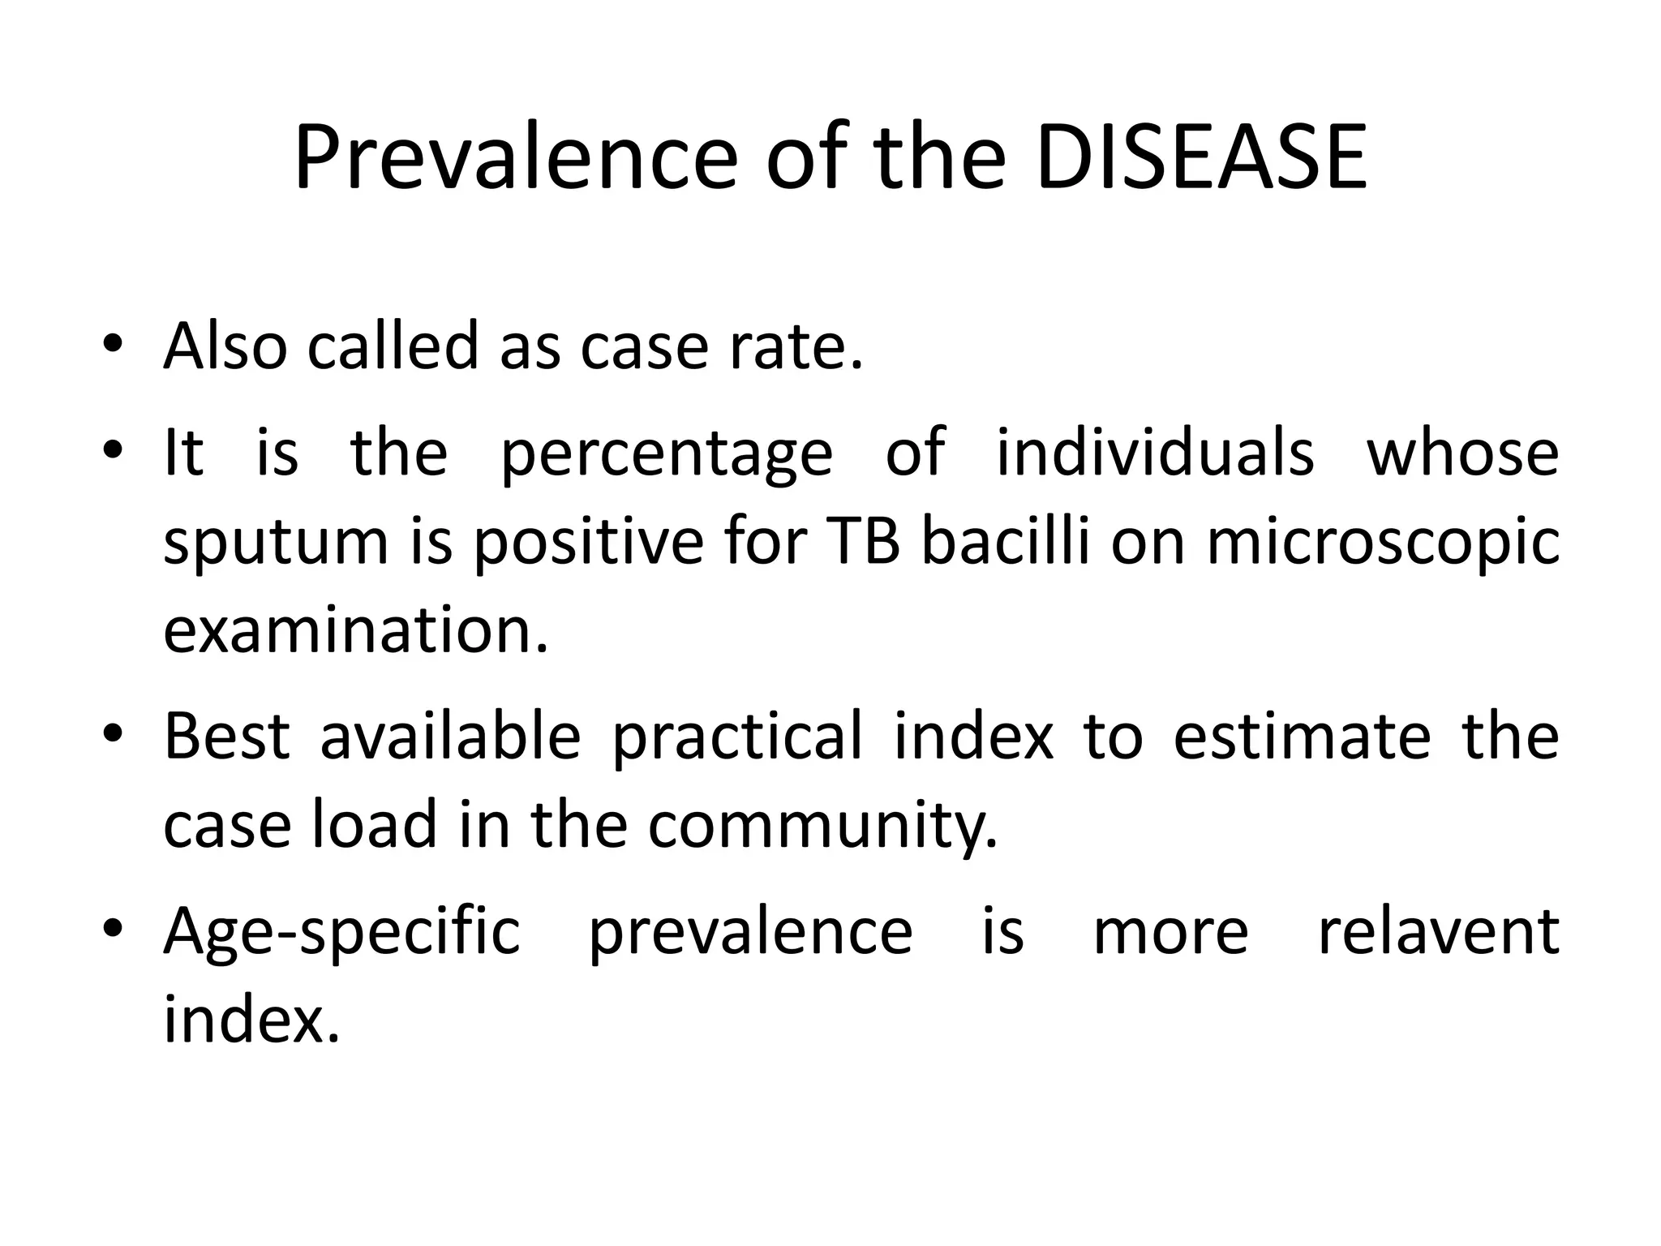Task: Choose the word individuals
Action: click(x=1155, y=451)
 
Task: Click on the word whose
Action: click(x=1462, y=451)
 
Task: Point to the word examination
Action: click(x=356, y=630)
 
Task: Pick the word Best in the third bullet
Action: click(x=227, y=735)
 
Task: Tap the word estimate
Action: click(x=1302, y=735)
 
